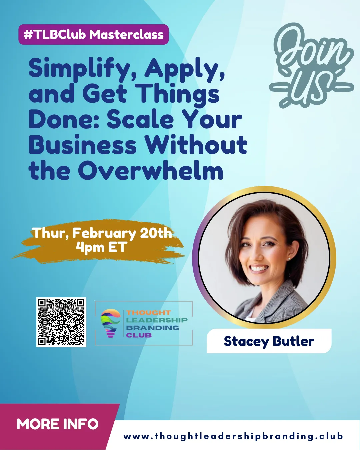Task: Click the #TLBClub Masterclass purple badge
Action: [x=94, y=35]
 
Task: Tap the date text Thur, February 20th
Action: [x=102, y=233]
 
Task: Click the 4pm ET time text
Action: [x=101, y=247]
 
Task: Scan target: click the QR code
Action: [x=61, y=322]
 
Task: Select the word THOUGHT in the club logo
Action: [x=149, y=313]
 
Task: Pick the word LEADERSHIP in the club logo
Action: [x=157, y=320]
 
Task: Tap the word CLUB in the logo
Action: [x=139, y=335]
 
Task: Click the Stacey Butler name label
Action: [x=269, y=341]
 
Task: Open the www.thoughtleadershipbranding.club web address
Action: [x=233, y=436]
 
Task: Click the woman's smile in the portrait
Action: [x=259, y=268]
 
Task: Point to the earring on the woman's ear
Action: [x=289, y=259]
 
